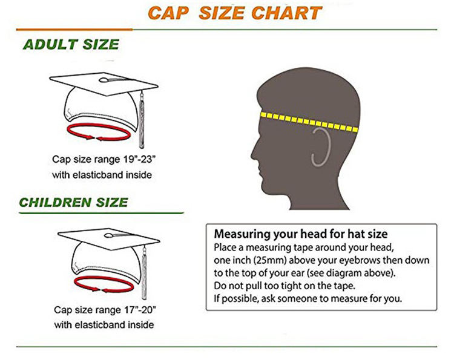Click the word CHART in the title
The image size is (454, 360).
[x=286, y=13]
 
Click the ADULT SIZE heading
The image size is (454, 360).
[x=71, y=45]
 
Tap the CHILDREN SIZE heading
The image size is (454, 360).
[x=73, y=202]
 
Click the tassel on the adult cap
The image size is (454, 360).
[x=142, y=119]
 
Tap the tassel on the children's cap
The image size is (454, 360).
[x=144, y=273]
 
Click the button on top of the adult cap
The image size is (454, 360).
[x=104, y=80]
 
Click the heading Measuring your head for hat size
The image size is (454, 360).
[x=300, y=234]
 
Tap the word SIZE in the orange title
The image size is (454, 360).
[x=222, y=13]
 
